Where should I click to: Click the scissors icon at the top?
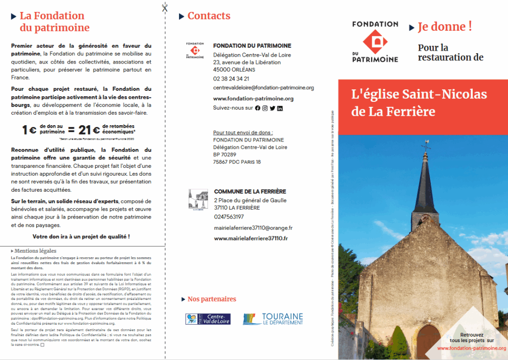coord(165,7)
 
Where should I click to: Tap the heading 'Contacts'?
coord(209,16)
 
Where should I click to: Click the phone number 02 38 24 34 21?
coord(231,78)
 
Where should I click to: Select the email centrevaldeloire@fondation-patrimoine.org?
coord(263,87)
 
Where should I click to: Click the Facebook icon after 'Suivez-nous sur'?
coord(257,108)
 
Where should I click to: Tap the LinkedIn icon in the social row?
coord(280,108)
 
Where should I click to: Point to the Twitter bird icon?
coord(272,108)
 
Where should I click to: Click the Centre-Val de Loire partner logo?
coord(208,319)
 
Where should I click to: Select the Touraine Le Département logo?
coord(273,319)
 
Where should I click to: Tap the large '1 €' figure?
coord(29,130)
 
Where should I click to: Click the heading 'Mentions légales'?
coord(35,251)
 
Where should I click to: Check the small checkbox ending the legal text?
coord(43,345)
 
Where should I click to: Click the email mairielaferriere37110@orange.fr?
coord(253,228)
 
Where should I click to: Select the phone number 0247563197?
coord(229,217)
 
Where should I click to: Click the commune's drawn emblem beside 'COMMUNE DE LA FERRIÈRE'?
coord(198,200)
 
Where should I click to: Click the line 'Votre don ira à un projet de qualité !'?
coord(81,236)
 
